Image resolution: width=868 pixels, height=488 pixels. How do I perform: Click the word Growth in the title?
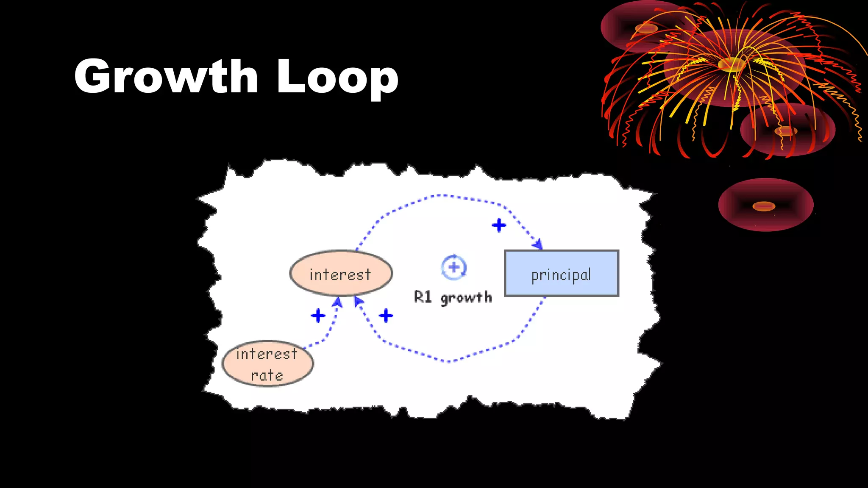[166, 76]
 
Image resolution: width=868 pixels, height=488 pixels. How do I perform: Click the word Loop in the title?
[337, 76]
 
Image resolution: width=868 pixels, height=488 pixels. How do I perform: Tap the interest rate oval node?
[267, 364]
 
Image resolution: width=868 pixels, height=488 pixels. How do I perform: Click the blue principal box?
[562, 274]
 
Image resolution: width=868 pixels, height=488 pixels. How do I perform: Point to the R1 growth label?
[453, 297]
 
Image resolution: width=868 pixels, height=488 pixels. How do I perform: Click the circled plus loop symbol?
[453, 267]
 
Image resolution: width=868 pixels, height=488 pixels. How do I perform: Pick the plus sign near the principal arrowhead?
[499, 225]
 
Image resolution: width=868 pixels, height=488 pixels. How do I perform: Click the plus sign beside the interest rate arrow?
[318, 316]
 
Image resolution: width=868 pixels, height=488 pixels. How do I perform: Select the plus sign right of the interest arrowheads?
[386, 316]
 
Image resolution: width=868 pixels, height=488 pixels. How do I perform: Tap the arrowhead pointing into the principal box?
[538, 245]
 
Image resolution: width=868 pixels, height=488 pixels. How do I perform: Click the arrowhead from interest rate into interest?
[338, 302]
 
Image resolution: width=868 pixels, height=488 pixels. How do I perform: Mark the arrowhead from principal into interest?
[359, 301]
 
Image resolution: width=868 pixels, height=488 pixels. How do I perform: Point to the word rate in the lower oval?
[267, 376]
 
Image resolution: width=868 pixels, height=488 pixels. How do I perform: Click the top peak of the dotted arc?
[441, 195]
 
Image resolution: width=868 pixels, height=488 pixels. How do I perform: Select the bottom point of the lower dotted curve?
[448, 361]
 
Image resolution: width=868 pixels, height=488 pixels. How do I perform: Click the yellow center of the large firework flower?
[732, 65]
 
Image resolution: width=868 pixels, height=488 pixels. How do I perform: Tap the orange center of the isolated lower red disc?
[764, 206]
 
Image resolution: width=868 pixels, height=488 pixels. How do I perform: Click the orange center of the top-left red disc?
[646, 28]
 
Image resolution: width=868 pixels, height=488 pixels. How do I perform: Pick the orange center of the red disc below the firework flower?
[785, 131]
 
